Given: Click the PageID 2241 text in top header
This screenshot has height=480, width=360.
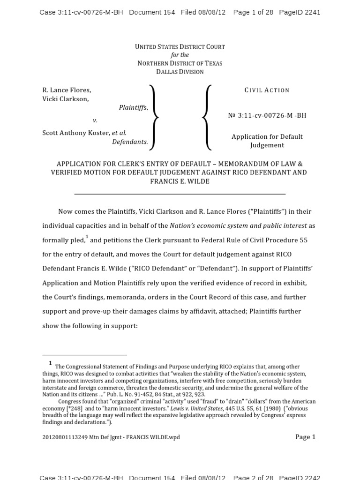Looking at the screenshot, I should click(300, 13).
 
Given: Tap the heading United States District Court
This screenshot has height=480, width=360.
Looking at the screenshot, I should click(180, 47).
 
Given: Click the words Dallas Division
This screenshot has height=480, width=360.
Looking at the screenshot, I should click(180, 72).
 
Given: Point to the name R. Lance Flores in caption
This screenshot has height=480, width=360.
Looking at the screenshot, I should click(67, 90).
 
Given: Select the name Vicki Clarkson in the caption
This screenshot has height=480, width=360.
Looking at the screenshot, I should click(65, 99).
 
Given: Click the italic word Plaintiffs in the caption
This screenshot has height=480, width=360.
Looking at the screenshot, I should click(133, 107).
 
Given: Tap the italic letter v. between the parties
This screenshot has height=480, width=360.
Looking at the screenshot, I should click(95, 120).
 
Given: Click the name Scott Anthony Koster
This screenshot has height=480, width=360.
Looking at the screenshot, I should click(76, 133).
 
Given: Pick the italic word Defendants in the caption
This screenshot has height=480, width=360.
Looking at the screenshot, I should click(130, 142).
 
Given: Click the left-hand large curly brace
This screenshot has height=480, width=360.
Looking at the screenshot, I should click(153, 117).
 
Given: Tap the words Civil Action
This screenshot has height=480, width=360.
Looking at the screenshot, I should click(267, 90).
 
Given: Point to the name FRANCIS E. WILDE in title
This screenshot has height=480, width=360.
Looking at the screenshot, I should click(180, 181).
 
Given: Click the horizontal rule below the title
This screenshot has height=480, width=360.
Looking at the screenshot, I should click(180, 194).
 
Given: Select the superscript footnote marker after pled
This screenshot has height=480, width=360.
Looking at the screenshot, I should click(87, 237).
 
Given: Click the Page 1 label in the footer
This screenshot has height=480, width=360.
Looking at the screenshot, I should click(305, 437).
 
